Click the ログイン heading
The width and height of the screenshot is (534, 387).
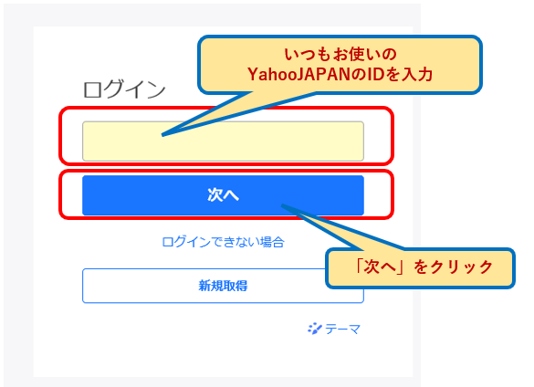pos(124,89)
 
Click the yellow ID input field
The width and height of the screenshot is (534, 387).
pos(223,141)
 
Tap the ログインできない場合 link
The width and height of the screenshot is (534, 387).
pos(223,242)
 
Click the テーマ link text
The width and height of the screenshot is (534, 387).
pos(342,329)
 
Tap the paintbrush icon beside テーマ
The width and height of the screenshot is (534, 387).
pos(315,329)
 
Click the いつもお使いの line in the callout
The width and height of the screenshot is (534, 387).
pos(340,54)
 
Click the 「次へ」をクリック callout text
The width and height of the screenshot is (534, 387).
pos(423,267)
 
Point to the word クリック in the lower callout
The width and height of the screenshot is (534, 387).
pos(462,267)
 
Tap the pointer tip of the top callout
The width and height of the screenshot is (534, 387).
pos(162,135)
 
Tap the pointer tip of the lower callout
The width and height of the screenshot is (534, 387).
pos(282,205)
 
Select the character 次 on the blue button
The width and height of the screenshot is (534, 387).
pos(215,194)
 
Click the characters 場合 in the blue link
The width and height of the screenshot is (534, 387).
pos(272,242)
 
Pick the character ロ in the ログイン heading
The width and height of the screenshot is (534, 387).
pos(92,90)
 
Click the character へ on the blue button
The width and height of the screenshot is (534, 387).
pos(231,195)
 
